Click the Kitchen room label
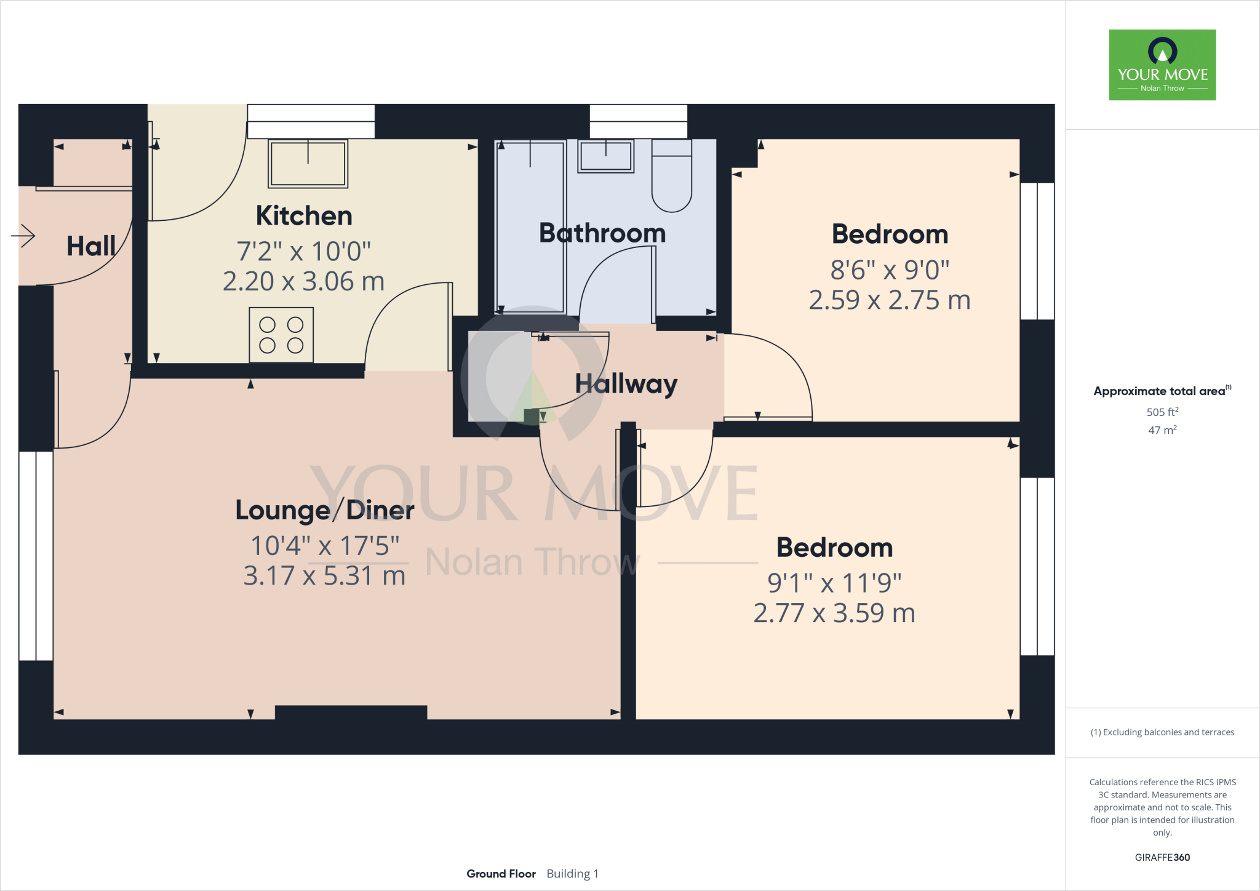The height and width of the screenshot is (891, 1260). tap(304, 216)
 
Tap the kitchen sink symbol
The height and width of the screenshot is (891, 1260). tap(308, 164)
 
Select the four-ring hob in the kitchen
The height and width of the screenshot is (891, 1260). tap(281, 335)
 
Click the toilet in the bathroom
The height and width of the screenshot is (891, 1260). tap(671, 177)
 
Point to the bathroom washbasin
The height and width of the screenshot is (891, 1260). tap(605, 156)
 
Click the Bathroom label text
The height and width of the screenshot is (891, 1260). tap(602, 233)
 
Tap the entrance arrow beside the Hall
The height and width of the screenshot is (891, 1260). tap(23, 236)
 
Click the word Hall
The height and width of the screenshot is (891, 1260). tap(90, 246)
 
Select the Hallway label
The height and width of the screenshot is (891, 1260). tap(626, 384)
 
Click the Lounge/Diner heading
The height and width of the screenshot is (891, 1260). tap(324, 510)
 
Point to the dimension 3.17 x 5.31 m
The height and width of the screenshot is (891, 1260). tap(324, 576)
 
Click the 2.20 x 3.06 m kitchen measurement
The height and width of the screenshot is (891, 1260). tap(303, 282)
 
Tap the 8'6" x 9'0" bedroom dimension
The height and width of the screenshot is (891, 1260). tap(890, 270)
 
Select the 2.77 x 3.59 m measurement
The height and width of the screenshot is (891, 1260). tap(834, 613)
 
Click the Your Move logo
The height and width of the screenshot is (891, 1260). tap(1162, 65)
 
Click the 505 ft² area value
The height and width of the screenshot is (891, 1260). tap(1162, 412)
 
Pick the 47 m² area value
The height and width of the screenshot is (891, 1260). tap(1162, 430)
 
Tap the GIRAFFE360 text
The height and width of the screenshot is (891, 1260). tap(1162, 857)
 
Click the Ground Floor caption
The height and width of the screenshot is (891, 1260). tap(501, 874)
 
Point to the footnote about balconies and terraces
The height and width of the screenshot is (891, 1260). tap(1162, 732)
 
